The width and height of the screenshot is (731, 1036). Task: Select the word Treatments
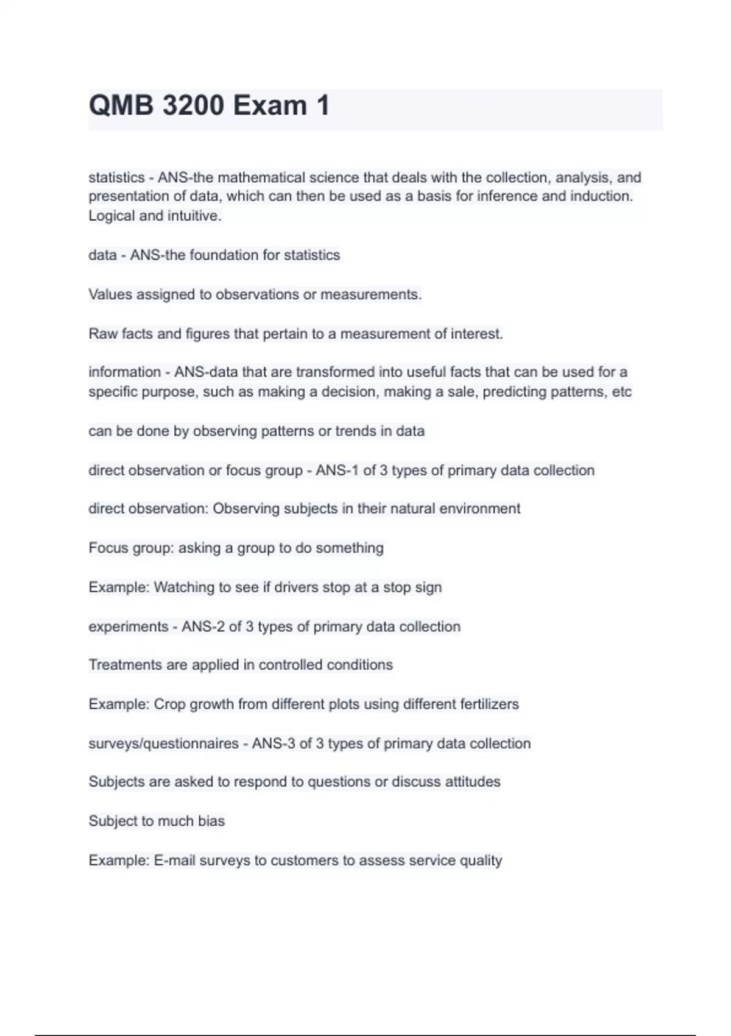[x=125, y=665]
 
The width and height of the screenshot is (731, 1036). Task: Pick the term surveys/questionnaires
[x=163, y=743]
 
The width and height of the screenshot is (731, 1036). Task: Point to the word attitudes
[x=472, y=782]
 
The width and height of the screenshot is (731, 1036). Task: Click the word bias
[x=211, y=821]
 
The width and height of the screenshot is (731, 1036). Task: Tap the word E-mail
[x=174, y=860]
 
